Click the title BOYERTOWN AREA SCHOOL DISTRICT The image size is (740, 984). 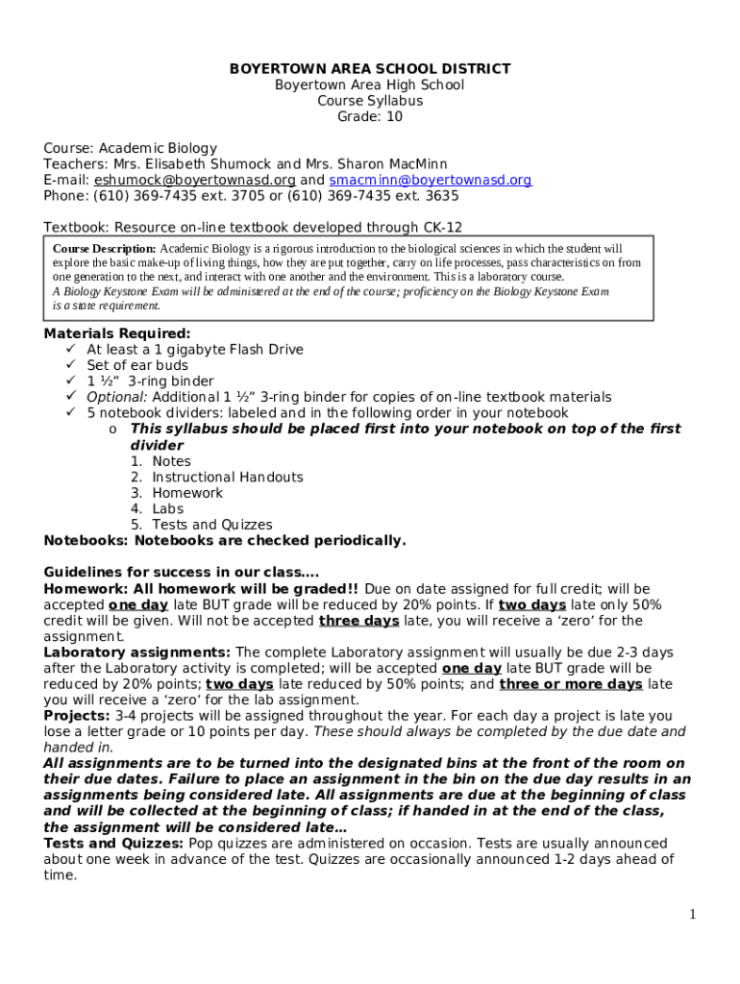pos(369,68)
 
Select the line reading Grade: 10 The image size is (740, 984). pos(369,116)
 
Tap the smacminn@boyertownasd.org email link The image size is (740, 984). pos(430,180)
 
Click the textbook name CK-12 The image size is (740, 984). pos(442,228)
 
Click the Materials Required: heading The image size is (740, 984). pos(117,333)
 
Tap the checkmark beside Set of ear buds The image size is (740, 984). pos(70,365)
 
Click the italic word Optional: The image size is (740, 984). pos(117,397)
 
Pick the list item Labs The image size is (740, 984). pos(167,508)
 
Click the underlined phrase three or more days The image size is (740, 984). pos(571,684)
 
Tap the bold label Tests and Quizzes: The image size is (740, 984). pos(113,844)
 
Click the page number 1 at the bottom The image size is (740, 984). pos(692,914)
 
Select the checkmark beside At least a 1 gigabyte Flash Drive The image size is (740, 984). pos(70,350)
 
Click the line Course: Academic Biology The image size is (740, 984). pos(130,148)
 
